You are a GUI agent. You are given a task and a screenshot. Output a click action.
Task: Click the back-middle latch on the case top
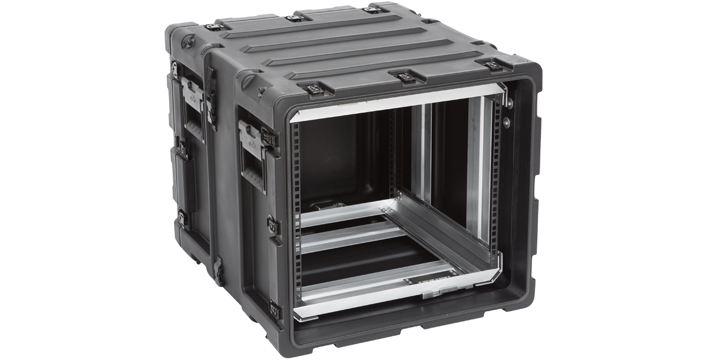click(x=290, y=19)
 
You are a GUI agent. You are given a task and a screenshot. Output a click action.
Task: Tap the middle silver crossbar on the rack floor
click(x=353, y=241)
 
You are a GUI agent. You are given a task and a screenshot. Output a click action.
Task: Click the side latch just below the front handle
click(x=273, y=224)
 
